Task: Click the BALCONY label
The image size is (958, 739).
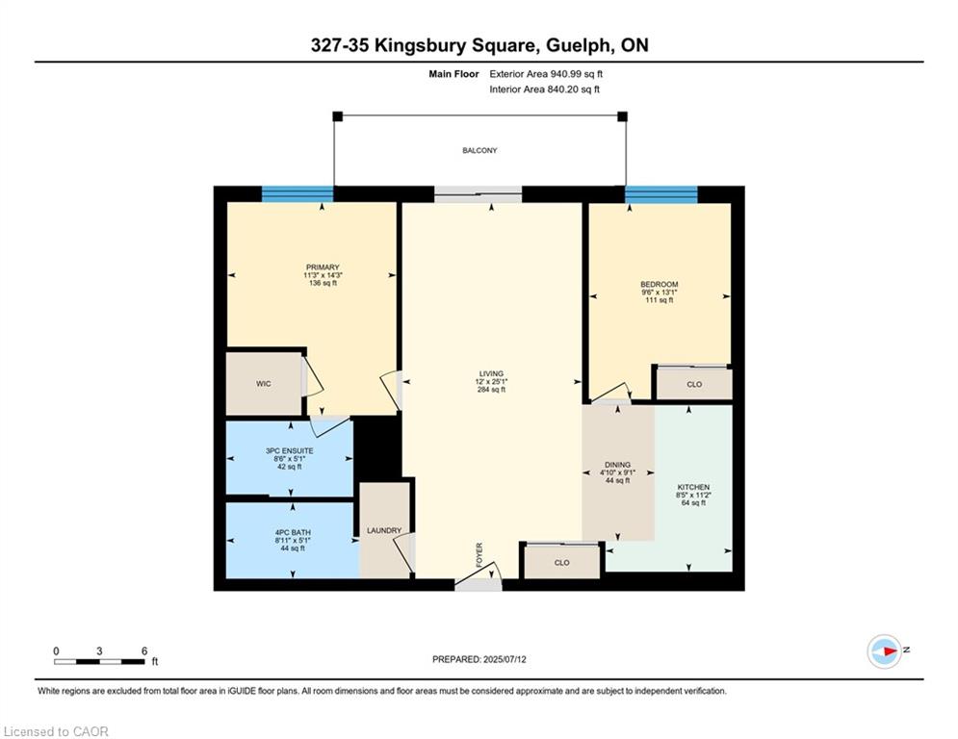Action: pos(479,150)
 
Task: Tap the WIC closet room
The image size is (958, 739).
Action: pos(264,384)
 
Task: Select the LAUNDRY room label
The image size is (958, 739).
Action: pos(384,531)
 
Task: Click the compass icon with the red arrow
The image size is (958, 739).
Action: pos(885,651)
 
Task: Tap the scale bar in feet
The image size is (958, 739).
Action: pos(99,661)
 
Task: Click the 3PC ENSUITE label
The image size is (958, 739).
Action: pos(290,450)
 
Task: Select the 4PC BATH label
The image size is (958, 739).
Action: pos(293,532)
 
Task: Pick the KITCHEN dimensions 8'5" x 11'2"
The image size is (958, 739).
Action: pos(693,496)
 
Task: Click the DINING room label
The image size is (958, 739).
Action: pos(618,465)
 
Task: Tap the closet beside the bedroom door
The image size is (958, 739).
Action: pos(694,384)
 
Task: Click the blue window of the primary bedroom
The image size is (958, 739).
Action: pos(298,194)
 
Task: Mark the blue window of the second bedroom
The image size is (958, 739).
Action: pos(661,194)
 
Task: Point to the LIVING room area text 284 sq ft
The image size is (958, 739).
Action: pos(491,390)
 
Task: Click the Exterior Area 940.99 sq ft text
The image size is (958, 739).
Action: pos(546,74)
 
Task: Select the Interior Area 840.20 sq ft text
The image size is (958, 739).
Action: pos(544,89)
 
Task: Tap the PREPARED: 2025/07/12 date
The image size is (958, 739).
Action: pos(479,659)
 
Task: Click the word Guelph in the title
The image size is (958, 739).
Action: pos(577,45)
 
